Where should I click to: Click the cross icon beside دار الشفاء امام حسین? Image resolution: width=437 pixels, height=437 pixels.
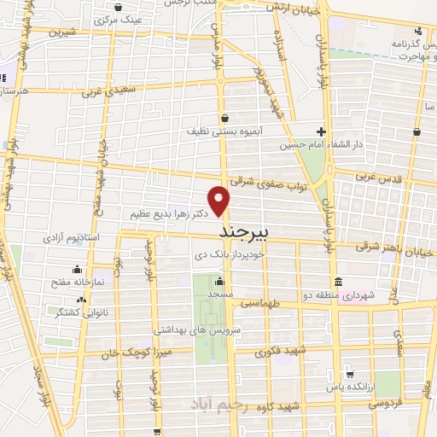coord(321,131)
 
